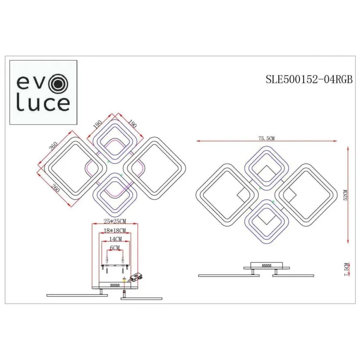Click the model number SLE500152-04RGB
[309, 79]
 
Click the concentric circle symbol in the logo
[60, 84]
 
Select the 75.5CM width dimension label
[266, 138]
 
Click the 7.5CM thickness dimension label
[346, 269]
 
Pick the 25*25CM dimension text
[115, 222]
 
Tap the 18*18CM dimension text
[115, 231]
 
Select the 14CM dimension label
[115, 239]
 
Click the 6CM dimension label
[115, 247]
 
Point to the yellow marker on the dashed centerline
[124, 280]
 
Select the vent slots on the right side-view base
[267, 266]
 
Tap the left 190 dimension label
[98, 124]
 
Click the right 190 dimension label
[131, 124]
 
